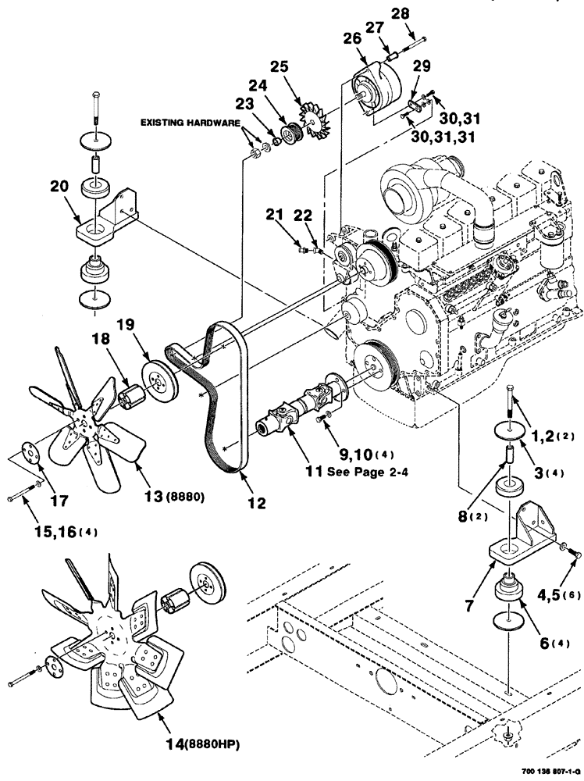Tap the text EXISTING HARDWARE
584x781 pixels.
click(x=189, y=123)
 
